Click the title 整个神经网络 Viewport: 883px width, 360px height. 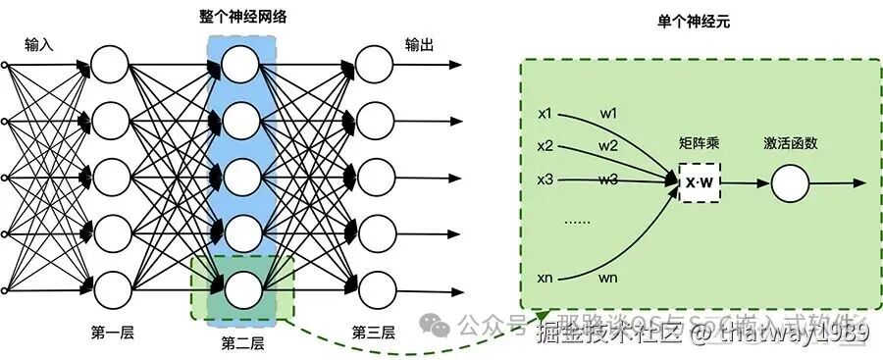click(x=242, y=18)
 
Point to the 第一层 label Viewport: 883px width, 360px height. click(x=111, y=332)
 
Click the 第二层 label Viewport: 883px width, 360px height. click(x=242, y=343)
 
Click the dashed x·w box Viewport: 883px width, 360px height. click(x=699, y=183)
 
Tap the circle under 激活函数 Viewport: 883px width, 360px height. click(x=790, y=183)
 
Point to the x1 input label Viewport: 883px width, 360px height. click(x=545, y=113)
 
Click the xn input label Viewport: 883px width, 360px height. click(x=545, y=279)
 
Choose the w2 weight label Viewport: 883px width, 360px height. click(x=608, y=146)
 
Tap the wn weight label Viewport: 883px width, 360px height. click(x=608, y=279)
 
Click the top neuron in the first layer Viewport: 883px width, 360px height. click(x=111, y=66)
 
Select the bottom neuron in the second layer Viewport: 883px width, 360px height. click(x=241, y=290)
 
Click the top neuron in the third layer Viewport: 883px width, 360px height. click(x=373, y=66)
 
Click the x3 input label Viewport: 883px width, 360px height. click(x=545, y=180)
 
